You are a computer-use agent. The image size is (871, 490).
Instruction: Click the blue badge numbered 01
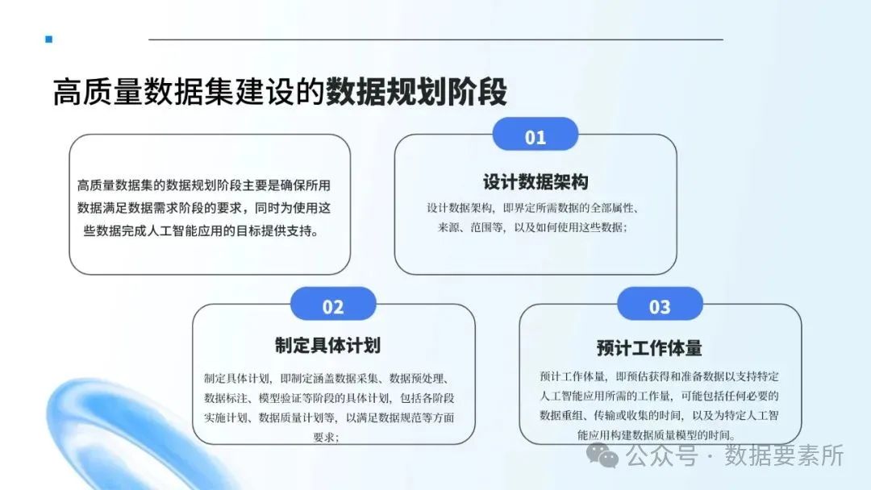[536, 136]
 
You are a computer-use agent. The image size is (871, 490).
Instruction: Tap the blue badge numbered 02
[333, 306]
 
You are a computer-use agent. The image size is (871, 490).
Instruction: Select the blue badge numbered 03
[660, 306]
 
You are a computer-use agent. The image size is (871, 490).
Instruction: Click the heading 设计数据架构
[536, 181]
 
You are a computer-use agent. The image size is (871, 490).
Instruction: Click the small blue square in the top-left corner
[49, 39]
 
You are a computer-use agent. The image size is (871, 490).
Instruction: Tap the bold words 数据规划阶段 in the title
[417, 92]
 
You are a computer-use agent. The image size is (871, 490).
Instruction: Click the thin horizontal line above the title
[435, 39]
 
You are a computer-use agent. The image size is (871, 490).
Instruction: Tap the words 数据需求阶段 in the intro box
[186, 207]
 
